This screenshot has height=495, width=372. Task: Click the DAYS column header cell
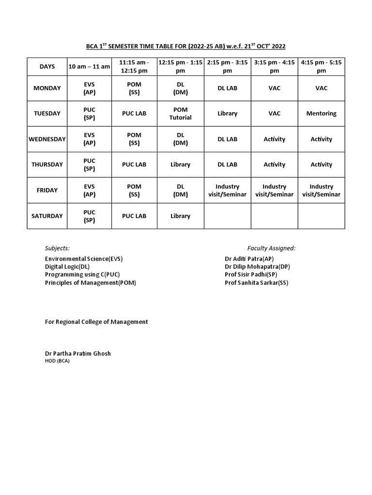pyautogui.click(x=47, y=67)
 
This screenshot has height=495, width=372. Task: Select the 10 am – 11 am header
pyautogui.click(x=90, y=67)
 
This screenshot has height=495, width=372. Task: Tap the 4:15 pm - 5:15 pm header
pyautogui.click(x=321, y=67)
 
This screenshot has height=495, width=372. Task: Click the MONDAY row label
pyautogui.click(x=47, y=88)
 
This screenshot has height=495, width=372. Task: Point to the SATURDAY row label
pyautogui.click(x=47, y=216)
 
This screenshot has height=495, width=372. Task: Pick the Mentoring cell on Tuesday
pyautogui.click(x=321, y=114)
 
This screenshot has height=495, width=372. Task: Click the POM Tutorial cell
pyautogui.click(x=180, y=114)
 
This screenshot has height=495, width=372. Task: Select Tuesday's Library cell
pyautogui.click(x=227, y=114)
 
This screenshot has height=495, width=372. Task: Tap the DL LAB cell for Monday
pyautogui.click(x=227, y=88)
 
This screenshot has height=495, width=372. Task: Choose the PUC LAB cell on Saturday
pyautogui.click(x=134, y=216)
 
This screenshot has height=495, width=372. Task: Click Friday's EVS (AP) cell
pyautogui.click(x=90, y=190)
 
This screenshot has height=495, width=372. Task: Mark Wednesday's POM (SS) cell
pyautogui.click(x=134, y=139)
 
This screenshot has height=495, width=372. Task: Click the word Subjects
pyautogui.click(x=57, y=248)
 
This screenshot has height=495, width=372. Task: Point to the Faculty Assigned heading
pyautogui.click(x=271, y=248)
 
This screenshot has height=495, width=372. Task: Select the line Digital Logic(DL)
pyautogui.click(x=67, y=266)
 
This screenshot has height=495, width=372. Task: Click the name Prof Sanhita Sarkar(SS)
pyautogui.click(x=256, y=283)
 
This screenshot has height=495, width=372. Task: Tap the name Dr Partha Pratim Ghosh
pyautogui.click(x=77, y=353)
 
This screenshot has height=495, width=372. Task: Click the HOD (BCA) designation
pyautogui.click(x=57, y=361)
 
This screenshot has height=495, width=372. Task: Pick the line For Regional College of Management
pyautogui.click(x=96, y=321)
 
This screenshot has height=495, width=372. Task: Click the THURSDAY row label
pyautogui.click(x=47, y=164)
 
